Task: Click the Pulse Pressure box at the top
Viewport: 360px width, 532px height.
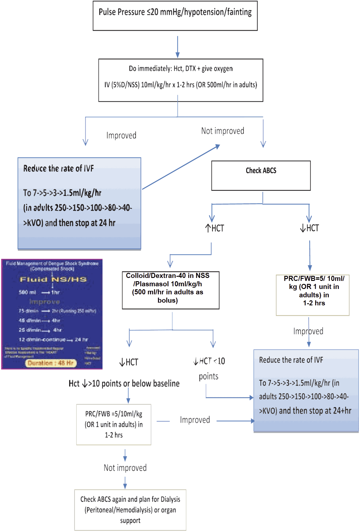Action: pos(175,16)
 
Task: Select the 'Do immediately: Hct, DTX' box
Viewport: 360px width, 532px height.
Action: pos(181,80)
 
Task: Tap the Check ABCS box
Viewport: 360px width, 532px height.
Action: pos(261,175)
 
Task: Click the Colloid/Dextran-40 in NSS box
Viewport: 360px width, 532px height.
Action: pos(170,290)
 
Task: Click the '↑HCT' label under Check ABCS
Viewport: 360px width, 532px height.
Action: pos(215,228)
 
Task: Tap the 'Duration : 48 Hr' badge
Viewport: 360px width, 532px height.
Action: pos(51,363)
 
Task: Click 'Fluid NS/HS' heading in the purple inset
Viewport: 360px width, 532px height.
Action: pos(53,279)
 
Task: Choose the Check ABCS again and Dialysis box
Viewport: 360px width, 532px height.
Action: pos(130,510)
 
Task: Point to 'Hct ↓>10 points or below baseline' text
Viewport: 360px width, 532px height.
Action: pos(124,383)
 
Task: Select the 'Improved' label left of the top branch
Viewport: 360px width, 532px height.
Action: pos(121,135)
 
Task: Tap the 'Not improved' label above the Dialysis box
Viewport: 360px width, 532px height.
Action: pos(125,468)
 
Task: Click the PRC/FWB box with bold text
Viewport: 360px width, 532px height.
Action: pos(313,295)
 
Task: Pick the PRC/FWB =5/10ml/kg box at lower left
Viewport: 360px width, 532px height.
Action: pos(114,424)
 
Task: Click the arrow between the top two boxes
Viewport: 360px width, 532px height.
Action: pos(178,47)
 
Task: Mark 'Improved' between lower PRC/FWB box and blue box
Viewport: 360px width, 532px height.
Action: pos(195,420)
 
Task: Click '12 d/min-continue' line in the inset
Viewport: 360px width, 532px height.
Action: pos(42,340)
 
